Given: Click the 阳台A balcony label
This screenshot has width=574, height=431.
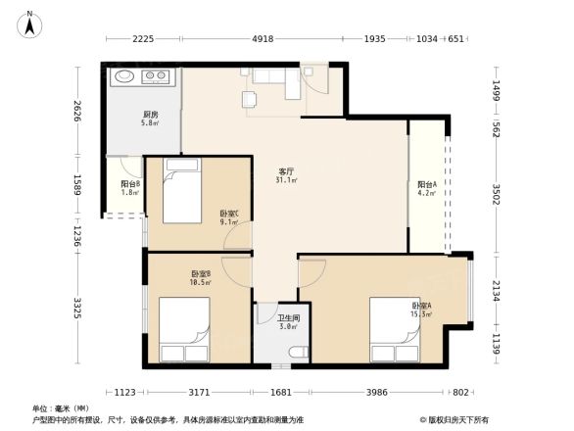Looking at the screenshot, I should point(426,188).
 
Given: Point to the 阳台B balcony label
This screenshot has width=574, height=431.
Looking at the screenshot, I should point(129,187).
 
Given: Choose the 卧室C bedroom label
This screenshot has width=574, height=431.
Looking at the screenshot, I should point(227,216).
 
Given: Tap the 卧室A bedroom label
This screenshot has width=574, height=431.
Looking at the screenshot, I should point(422,310).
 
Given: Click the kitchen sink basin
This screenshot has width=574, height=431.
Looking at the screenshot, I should point(124,76).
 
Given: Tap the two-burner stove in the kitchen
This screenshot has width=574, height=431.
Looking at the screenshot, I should point(156,76).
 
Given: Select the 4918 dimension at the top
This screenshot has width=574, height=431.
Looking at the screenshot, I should point(262,39).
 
